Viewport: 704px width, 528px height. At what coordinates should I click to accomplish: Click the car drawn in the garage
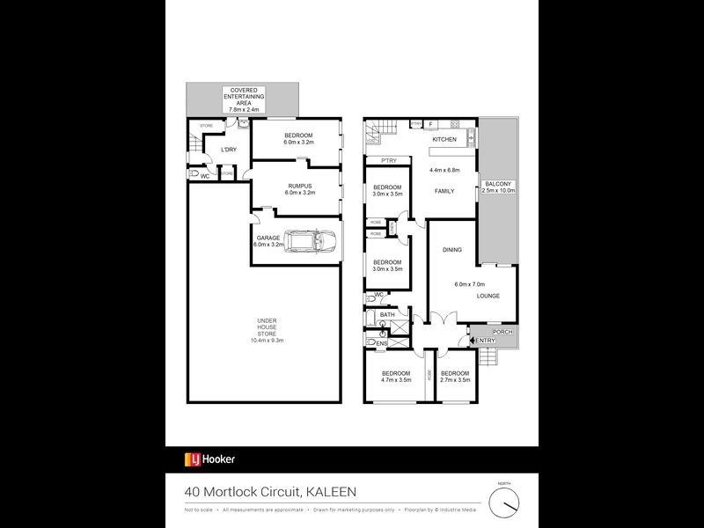pos(309,239)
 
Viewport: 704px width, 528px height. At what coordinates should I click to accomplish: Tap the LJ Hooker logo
pos(209,458)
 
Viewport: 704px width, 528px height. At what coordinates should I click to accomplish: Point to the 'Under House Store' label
pos(266,329)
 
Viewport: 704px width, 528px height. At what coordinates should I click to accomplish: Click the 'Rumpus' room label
pos(301,187)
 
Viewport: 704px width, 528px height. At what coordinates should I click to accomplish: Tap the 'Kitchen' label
pos(443,141)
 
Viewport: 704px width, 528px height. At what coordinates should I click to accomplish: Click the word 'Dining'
pos(452,251)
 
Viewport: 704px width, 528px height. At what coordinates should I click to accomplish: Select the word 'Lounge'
pos(488,296)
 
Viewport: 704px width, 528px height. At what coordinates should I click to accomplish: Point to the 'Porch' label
pos(502,332)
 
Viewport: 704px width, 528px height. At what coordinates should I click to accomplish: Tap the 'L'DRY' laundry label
pos(228,150)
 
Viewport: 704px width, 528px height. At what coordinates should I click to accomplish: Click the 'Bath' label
pos(388,314)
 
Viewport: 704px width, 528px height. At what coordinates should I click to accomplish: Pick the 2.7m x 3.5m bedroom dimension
pos(455,380)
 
